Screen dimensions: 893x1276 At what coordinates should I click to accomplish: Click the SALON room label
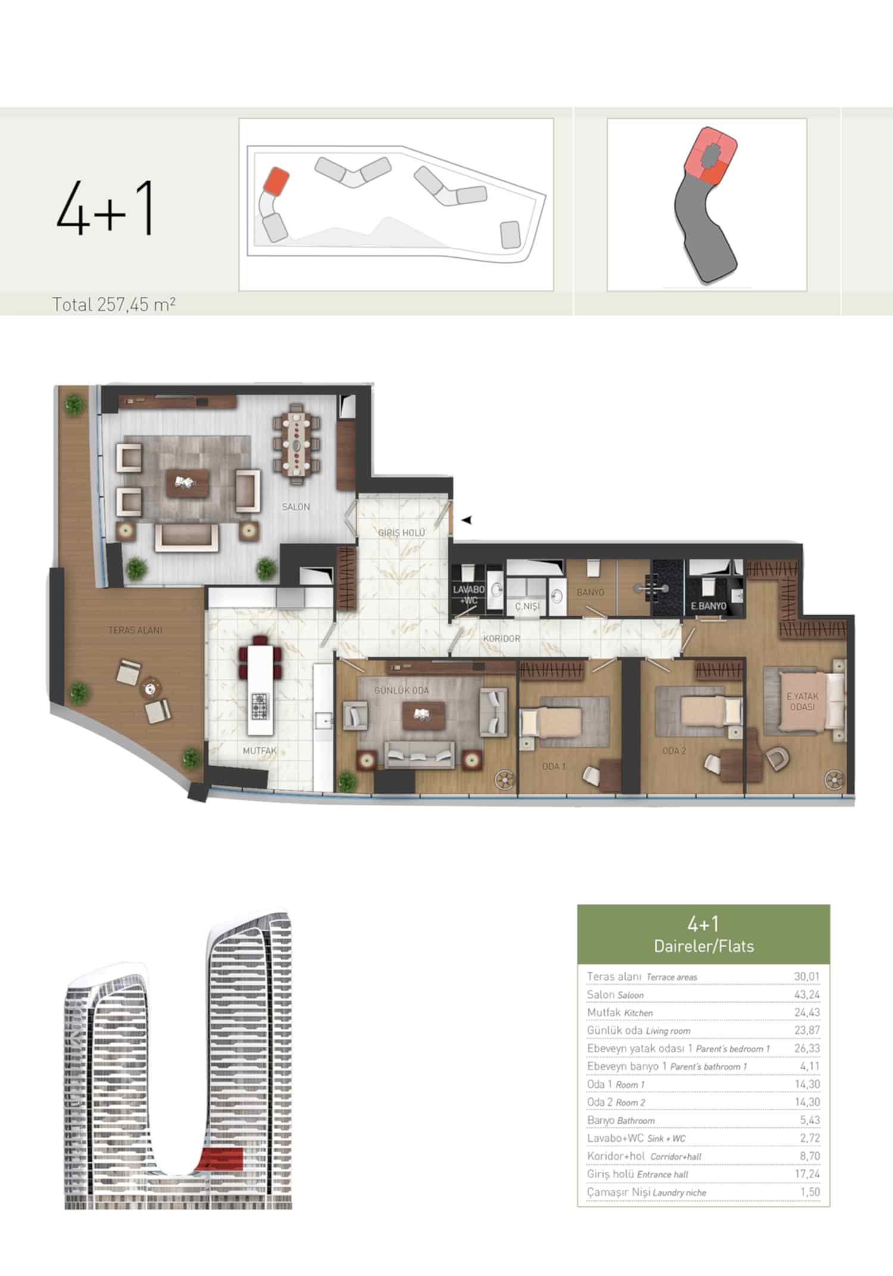tap(296, 507)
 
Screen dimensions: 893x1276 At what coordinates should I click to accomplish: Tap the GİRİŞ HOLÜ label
tap(401, 532)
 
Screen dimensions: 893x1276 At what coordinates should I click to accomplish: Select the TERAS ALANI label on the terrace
tap(135, 630)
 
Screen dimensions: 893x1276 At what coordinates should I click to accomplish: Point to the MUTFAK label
tap(260, 751)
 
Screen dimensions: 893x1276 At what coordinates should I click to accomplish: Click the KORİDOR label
tap(502, 638)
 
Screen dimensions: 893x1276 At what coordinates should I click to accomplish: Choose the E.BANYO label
tap(708, 606)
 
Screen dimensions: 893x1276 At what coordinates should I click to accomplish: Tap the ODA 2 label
tap(674, 751)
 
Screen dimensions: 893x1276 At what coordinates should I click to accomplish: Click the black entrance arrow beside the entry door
tap(467, 520)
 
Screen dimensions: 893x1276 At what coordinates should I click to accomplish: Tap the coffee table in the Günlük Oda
tap(423, 715)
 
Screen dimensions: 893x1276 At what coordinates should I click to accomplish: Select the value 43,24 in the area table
tap(807, 994)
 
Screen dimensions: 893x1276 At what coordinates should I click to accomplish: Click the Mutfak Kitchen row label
tap(620, 1012)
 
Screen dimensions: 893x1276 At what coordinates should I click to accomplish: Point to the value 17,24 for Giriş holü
tap(807, 1174)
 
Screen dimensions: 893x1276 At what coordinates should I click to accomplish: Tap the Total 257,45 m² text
tap(114, 304)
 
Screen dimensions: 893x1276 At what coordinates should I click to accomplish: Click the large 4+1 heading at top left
tap(105, 208)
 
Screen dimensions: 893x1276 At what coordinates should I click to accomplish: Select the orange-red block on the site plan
tap(276, 180)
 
